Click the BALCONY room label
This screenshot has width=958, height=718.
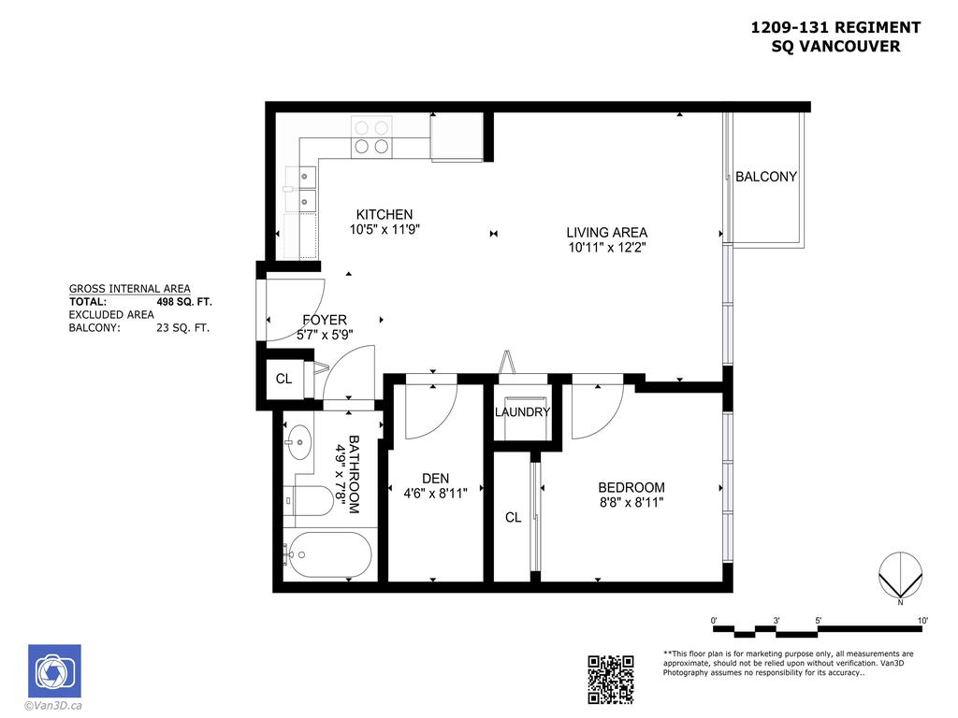[x=765, y=177]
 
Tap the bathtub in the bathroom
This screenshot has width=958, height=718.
[x=327, y=555]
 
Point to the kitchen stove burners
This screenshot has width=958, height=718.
[x=370, y=136]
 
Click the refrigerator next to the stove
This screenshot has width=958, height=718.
[x=456, y=137]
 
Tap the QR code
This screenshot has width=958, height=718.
[x=611, y=680]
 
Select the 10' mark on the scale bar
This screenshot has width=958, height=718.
[x=922, y=621]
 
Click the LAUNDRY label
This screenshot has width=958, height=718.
[x=522, y=412]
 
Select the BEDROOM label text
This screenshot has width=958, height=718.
[x=631, y=487]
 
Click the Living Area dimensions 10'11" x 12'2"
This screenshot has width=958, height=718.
[x=606, y=248]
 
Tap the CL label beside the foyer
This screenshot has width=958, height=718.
[x=283, y=380]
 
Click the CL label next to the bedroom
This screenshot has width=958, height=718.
[x=513, y=517]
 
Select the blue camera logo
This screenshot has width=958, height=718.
[x=54, y=671]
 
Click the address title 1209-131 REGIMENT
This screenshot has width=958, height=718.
[x=835, y=28]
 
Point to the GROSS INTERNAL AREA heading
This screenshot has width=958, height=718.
[x=130, y=289]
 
